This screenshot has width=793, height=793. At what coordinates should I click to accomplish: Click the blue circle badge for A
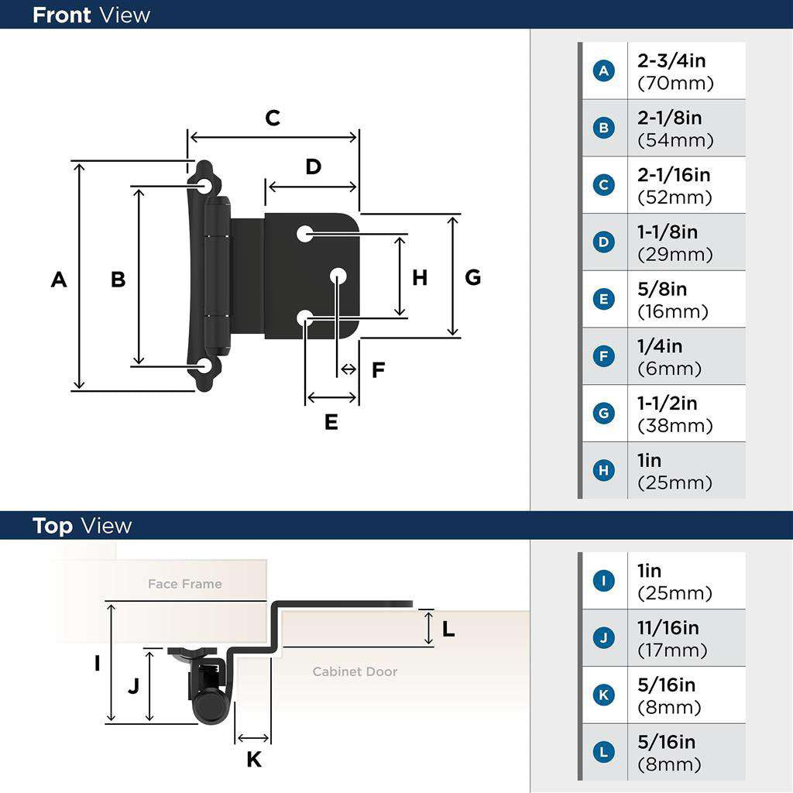(x=603, y=71)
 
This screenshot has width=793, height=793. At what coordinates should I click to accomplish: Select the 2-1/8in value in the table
(x=670, y=118)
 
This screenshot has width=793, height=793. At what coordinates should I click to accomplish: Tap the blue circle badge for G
(x=603, y=414)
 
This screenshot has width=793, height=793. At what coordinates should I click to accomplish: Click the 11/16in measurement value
(x=668, y=628)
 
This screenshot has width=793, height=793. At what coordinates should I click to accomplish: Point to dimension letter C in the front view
(x=273, y=118)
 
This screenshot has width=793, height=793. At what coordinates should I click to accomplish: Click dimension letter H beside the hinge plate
(x=420, y=277)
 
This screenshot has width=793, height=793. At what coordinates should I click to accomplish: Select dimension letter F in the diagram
(x=378, y=370)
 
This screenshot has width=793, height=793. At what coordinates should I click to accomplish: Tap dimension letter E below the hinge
(x=331, y=422)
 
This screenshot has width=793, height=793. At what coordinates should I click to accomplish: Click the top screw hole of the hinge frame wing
(x=205, y=186)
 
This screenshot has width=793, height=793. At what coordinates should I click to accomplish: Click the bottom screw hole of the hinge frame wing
(x=205, y=366)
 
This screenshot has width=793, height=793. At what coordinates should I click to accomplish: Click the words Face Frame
(x=184, y=584)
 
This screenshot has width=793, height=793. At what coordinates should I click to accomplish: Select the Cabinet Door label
(x=355, y=671)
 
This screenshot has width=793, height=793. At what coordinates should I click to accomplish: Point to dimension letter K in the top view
(x=254, y=760)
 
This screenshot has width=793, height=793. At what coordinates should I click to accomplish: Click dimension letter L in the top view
(x=448, y=630)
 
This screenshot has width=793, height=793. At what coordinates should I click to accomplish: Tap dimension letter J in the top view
(x=133, y=686)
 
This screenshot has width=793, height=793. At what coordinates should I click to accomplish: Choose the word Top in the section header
(x=53, y=526)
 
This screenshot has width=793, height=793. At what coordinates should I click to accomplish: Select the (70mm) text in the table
(x=675, y=83)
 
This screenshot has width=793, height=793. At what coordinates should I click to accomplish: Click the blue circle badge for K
(x=603, y=695)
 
